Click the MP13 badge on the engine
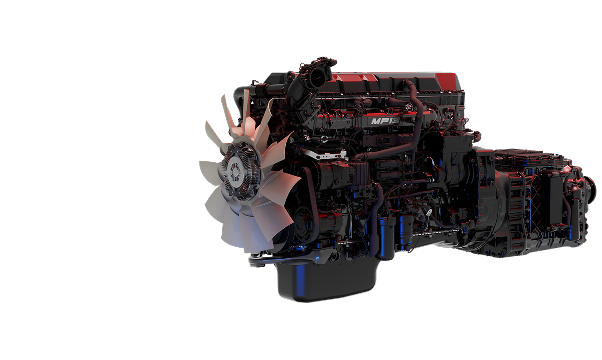click(x=385, y=121)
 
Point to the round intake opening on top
click(x=318, y=78)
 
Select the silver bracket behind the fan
click(x=325, y=155)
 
